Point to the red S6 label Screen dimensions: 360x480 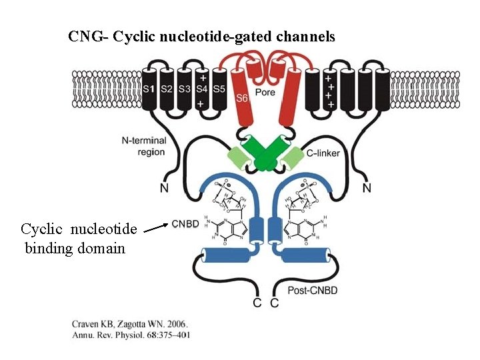243,99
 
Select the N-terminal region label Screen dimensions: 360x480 143,146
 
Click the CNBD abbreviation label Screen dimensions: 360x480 185,224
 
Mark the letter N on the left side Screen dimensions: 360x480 164,189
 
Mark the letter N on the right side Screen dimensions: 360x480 367,189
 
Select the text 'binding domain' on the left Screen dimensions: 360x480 75,249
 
